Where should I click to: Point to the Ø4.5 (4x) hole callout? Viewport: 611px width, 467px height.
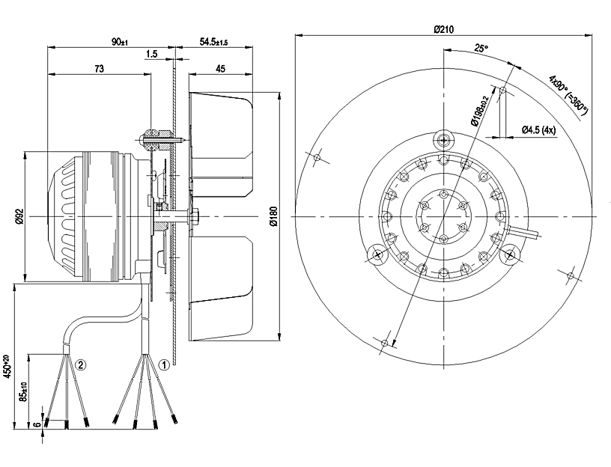[538, 129]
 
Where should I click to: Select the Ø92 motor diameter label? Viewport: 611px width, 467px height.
[19, 217]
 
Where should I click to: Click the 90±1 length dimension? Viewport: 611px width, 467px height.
[120, 42]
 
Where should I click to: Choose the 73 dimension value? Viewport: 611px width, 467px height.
[98, 68]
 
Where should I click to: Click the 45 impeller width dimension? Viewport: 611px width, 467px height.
[220, 68]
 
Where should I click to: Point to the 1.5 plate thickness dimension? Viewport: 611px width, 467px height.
[152, 54]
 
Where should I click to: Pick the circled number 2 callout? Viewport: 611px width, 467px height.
[82, 365]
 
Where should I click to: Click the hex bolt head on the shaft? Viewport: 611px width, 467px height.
[192, 217]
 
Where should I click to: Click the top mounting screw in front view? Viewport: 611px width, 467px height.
[444, 139]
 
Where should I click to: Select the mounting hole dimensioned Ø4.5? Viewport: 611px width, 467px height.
[503, 92]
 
